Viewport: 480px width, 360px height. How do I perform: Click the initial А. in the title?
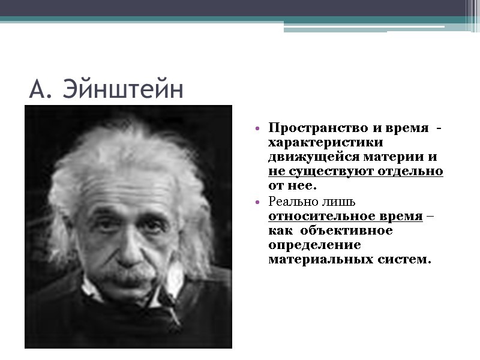[x=40, y=90]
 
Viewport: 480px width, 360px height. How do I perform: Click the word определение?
[x=314, y=245]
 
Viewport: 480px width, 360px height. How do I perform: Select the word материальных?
[x=317, y=260]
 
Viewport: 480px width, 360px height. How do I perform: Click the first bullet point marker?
[x=257, y=129]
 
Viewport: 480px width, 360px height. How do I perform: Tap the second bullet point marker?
[x=257, y=203]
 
